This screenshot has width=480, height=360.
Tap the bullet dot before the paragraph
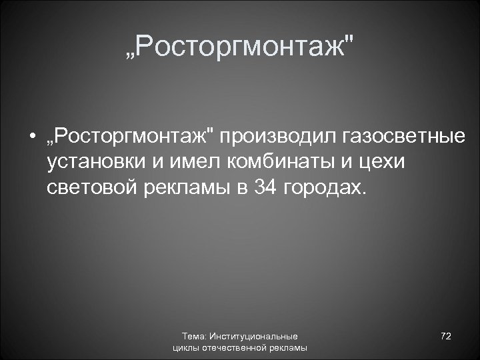[31, 138]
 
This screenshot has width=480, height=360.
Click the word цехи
[391, 163]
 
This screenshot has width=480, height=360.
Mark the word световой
[90, 187]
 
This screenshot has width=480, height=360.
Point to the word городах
[325, 187]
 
